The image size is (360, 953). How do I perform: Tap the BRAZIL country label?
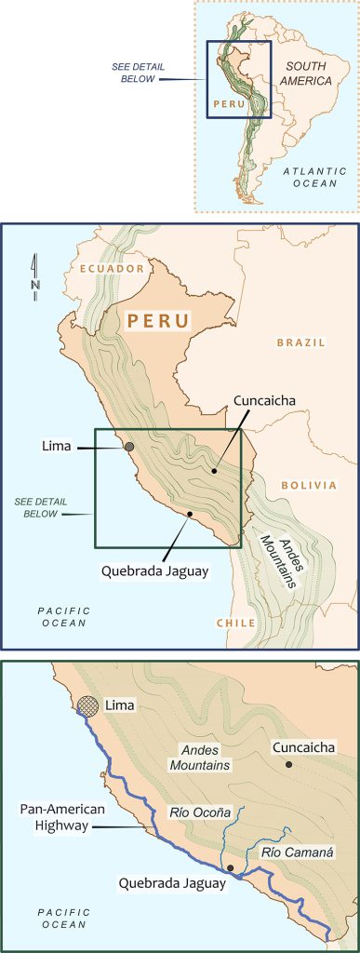(300, 342)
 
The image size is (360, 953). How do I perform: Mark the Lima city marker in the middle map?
(129, 448)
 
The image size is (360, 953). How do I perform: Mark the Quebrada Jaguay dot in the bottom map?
(230, 867)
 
